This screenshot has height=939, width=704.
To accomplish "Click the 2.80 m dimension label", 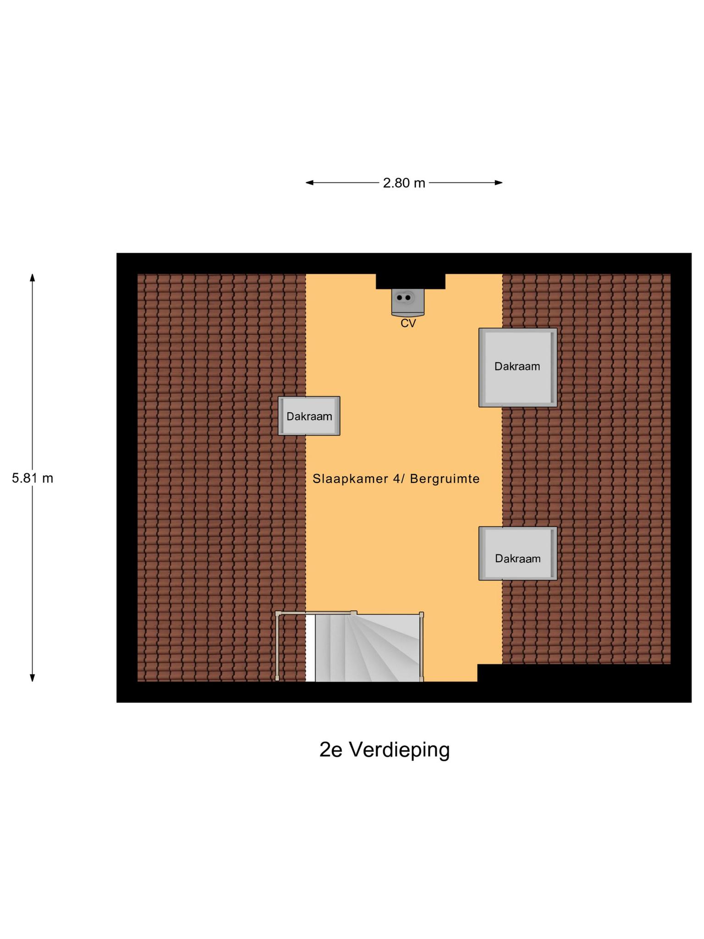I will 404,183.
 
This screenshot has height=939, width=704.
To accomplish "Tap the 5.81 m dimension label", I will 33,478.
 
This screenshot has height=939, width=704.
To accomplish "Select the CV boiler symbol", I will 407,302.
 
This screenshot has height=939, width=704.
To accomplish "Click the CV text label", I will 408,323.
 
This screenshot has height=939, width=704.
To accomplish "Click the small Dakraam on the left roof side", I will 309,416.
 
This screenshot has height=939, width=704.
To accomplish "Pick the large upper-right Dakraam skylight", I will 517,367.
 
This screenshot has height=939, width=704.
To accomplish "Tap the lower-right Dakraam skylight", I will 517,553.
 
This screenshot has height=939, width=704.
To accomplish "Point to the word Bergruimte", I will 445,479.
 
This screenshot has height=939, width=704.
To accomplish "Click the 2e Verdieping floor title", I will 385,750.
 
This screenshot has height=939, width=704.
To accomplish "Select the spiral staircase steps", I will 371,648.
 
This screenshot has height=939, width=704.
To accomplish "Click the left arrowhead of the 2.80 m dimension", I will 309,182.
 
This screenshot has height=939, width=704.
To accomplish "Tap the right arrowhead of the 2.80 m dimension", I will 499,182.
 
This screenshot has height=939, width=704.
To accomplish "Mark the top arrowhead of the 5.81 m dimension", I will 33,277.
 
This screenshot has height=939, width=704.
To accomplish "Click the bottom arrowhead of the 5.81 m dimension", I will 33,678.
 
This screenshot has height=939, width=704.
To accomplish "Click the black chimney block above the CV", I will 410,281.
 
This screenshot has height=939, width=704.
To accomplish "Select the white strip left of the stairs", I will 310,648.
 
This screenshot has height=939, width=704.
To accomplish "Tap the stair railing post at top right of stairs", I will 421,615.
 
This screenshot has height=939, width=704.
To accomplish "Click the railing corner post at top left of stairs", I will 278,613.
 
